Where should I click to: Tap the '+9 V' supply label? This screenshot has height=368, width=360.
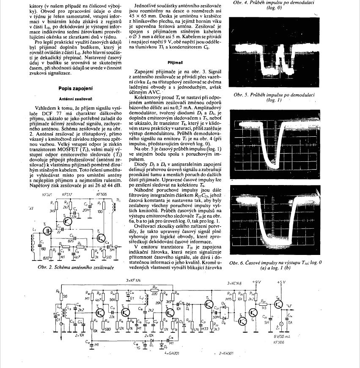(256, 282)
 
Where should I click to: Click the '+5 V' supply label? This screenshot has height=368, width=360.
(281, 282)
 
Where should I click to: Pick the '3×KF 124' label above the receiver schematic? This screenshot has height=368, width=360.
(134, 281)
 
